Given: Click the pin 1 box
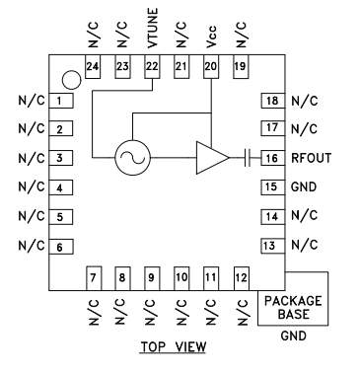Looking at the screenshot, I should pyautogui.click(x=60, y=102).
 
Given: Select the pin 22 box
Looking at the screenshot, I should pyautogui.click(x=152, y=66).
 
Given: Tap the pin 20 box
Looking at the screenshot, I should pyautogui.click(x=210, y=66).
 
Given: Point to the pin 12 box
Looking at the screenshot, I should pyautogui.click(x=240, y=278).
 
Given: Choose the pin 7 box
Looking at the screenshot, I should pyautogui.click(x=95, y=278).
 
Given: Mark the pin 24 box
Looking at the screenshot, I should pyautogui.click(x=95, y=66).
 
